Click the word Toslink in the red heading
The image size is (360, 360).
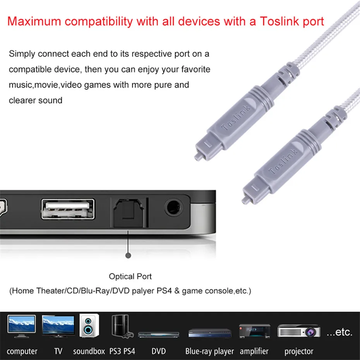[279, 21]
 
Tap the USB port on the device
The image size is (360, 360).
[68, 209]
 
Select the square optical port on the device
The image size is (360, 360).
[129, 213]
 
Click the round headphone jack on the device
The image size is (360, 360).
[174, 208]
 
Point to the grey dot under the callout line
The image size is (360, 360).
[129, 255]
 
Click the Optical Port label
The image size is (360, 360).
[130, 276]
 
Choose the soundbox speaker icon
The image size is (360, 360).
[89, 326]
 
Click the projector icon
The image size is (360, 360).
[298, 331]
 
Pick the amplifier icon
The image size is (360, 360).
[254, 331]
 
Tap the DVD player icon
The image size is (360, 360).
[158, 334]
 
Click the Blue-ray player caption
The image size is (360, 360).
[209, 351]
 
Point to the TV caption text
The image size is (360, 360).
[58, 351]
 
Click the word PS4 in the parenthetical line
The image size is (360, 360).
[164, 291]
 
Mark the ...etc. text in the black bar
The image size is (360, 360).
[339, 332]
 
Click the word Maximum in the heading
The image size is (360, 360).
[34, 21]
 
